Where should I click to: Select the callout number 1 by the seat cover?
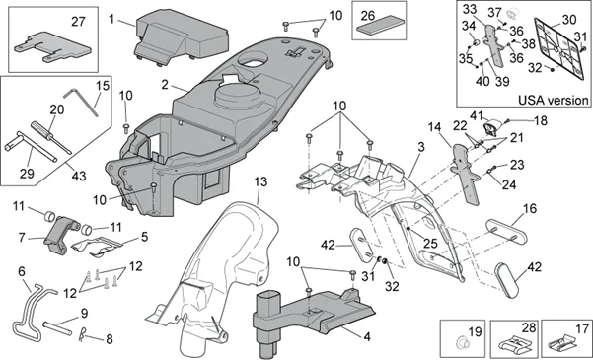[113, 18]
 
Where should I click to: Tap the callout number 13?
[259, 182]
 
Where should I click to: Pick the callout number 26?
[371, 16]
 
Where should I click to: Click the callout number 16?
[529, 209]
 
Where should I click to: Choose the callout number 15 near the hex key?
[101, 87]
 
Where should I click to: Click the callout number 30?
[568, 21]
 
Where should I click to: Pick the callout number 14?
[434, 127]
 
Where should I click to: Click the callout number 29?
[27, 174]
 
